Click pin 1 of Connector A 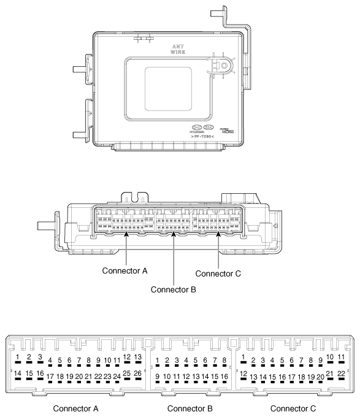[x=19, y=357]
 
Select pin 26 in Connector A [x=137, y=372]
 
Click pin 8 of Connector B [x=224, y=361]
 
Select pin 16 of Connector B [x=224, y=376]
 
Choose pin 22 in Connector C [x=341, y=372]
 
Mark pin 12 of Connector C [x=243, y=373]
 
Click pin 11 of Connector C [x=341, y=357]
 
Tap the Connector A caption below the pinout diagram [x=79, y=408]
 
